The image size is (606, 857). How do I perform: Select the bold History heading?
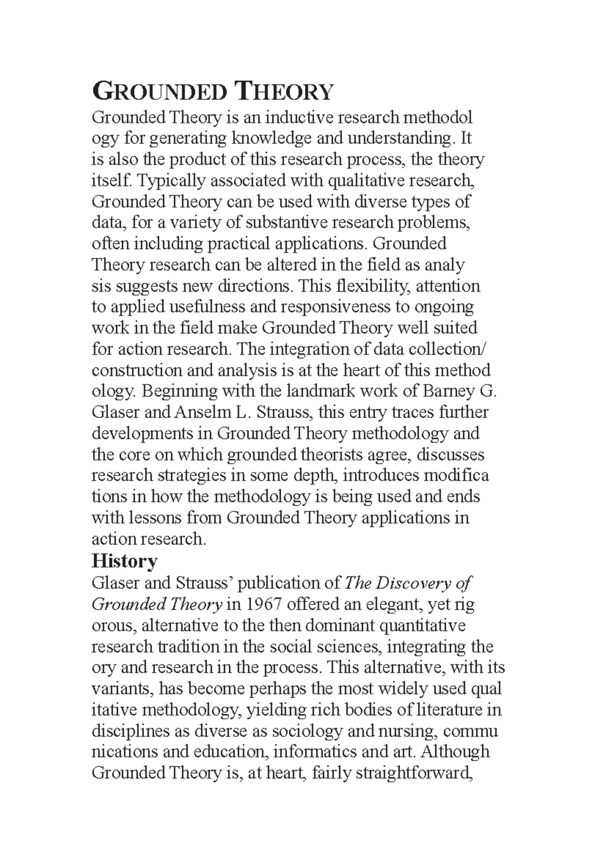point(124,561)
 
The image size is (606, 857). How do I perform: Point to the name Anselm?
point(203,412)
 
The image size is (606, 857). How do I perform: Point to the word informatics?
point(316,752)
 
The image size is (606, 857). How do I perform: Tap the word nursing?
point(400,731)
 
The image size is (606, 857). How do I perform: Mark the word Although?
point(455,752)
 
